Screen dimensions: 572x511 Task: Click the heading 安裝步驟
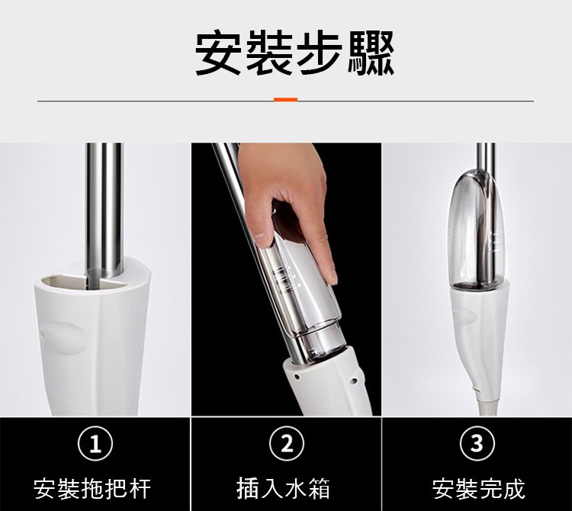coord(294,53)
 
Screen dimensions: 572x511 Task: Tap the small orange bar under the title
coord(286,100)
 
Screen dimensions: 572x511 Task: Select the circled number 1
coord(95,444)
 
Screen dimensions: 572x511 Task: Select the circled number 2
coord(286,444)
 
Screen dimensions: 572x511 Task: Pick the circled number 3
coord(477,444)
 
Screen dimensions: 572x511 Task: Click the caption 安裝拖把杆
coord(92,489)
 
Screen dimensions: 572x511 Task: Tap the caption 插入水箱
coord(284,489)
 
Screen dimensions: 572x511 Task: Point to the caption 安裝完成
coord(479,489)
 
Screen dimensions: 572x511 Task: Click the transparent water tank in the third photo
coord(477,230)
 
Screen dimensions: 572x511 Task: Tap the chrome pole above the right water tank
coord(486,157)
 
